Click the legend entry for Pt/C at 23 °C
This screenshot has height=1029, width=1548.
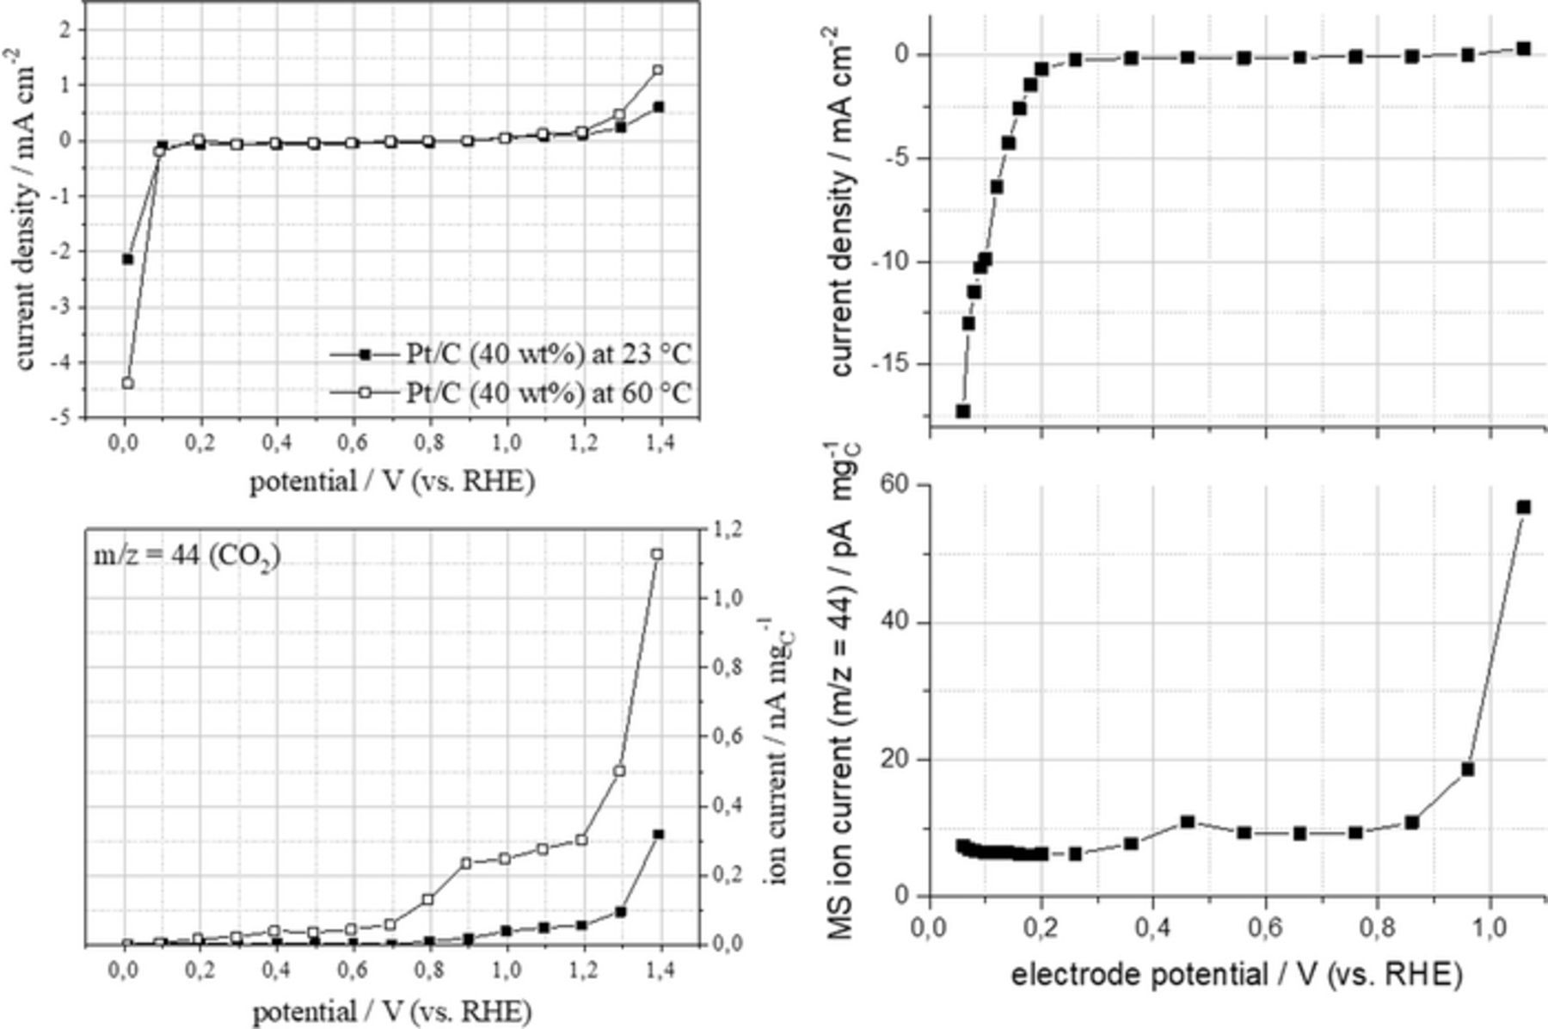coord(511,354)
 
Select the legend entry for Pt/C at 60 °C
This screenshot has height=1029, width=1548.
coord(511,393)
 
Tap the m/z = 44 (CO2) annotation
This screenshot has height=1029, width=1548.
coord(187,557)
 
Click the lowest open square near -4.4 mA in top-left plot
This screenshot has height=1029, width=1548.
coord(128,383)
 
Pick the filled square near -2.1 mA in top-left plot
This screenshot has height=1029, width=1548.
coord(128,258)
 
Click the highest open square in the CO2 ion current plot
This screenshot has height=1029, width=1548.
coord(657,554)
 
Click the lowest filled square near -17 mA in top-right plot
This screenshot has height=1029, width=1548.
coord(963,411)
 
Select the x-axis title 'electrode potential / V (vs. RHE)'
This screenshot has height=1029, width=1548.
coord(1236,975)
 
